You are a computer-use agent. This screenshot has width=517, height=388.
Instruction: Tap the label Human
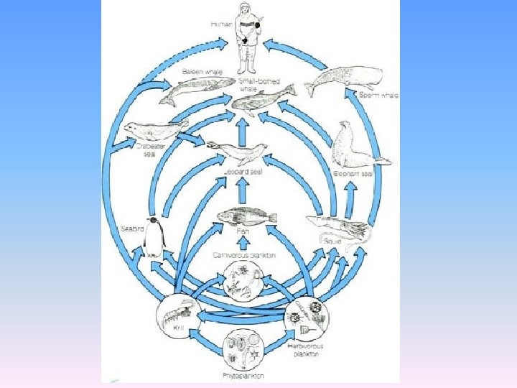(220, 24)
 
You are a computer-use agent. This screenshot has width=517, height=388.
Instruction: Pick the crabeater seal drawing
(155, 131)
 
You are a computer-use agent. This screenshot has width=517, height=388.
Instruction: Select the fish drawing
(245, 217)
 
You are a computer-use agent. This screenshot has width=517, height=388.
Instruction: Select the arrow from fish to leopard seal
(243, 190)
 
